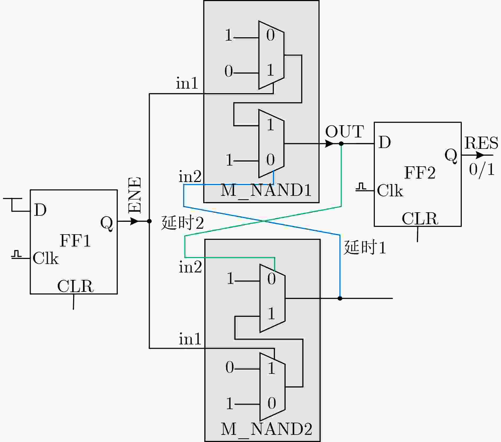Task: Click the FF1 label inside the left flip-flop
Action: click(x=76, y=241)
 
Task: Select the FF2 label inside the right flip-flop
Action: click(x=420, y=173)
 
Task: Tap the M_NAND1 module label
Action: click(x=266, y=190)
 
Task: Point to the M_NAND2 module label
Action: click(x=266, y=429)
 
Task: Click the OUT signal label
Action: click(x=345, y=132)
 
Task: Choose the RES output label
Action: click(x=481, y=143)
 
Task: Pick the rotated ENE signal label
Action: click(x=135, y=195)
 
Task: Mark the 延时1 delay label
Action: click(x=365, y=247)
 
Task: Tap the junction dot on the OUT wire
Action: click(x=341, y=144)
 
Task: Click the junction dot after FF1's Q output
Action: click(x=149, y=221)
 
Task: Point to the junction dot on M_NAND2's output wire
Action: click(x=340, y=298)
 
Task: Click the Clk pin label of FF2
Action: click(x=390, y=190)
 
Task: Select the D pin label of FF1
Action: click(x=40, y=210)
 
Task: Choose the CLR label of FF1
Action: click(x=76, y=286)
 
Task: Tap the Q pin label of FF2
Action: click(x=451, y=156)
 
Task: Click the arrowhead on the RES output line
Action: click(x=480, y=155)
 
